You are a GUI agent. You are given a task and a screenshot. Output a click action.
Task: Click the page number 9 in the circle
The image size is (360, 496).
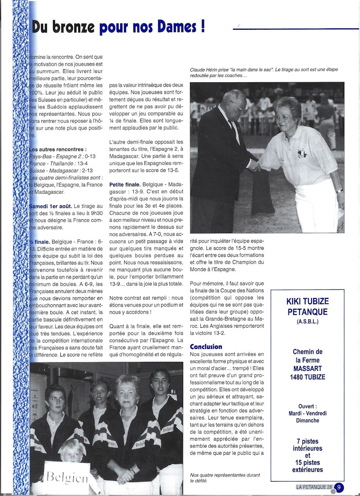pyautogui.click(x=339, y=487)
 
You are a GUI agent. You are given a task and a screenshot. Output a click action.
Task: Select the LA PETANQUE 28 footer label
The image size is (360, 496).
pyautogui.click(x=314, y=487)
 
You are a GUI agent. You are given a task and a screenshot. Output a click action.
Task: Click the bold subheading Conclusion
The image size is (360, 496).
pyautogui.click(x=206, y=347)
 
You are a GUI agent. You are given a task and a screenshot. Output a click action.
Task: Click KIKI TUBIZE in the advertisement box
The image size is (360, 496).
pyautogui.click(x=307, y=301)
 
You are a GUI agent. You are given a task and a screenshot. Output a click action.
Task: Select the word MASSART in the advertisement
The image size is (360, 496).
pyautogui.click(x=307, y=369)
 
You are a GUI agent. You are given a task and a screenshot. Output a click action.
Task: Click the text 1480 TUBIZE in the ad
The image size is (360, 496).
pyautogui.click(x=307, y=377)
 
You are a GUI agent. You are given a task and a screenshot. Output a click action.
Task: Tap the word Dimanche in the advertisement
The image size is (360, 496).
pyautogui.click(x=307, y=420)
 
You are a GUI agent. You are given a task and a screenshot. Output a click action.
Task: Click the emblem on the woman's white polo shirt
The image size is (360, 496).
pyautogui.click(x=301, y=153)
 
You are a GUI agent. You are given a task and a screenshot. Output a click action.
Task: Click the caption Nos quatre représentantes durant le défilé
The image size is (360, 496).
pyautogui.click(x=225, y=478)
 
